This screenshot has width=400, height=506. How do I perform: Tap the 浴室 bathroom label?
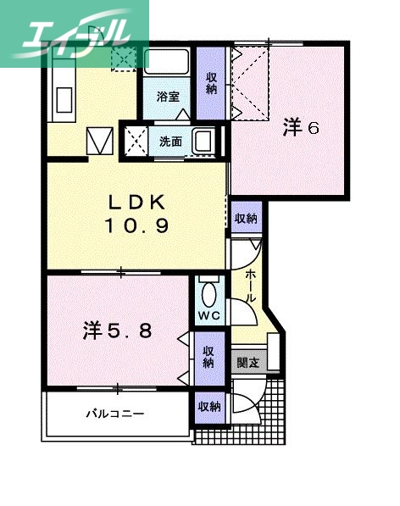point(167,97)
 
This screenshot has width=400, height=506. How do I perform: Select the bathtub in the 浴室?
point(168,62)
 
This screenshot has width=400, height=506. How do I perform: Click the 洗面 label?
point(169,141)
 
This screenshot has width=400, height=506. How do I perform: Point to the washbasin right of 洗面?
point(205,141)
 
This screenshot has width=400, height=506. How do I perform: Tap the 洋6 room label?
point(301,128)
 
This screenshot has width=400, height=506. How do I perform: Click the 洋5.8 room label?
point(118,331)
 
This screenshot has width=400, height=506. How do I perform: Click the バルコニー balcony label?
point(115,414)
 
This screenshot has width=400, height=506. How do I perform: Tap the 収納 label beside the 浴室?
point(210,82)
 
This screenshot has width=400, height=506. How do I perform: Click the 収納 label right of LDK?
point(246,218)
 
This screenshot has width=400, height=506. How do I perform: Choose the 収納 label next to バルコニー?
point(208,407)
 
